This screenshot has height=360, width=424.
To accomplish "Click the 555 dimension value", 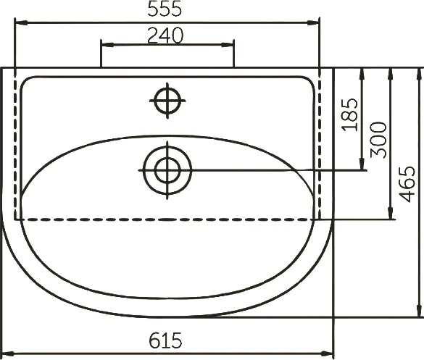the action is (x=165, y=9).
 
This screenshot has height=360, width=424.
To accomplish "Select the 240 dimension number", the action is (x=165, y=35).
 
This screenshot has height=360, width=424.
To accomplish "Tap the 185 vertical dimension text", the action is (x=350, y=115).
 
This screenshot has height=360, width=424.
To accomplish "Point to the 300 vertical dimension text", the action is (x=378, y=140).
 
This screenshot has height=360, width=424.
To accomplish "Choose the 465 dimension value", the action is (x=407, y=184).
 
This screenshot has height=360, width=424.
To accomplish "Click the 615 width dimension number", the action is (x=165, y=340).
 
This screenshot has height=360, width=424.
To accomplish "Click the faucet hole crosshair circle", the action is (x=167, y=101).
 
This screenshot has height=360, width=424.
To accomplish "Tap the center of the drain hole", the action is (x=167, y=170).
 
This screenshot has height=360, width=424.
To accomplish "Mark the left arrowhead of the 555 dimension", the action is (x=21, y=23).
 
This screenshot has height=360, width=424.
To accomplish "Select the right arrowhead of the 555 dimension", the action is (x=313, y=23).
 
